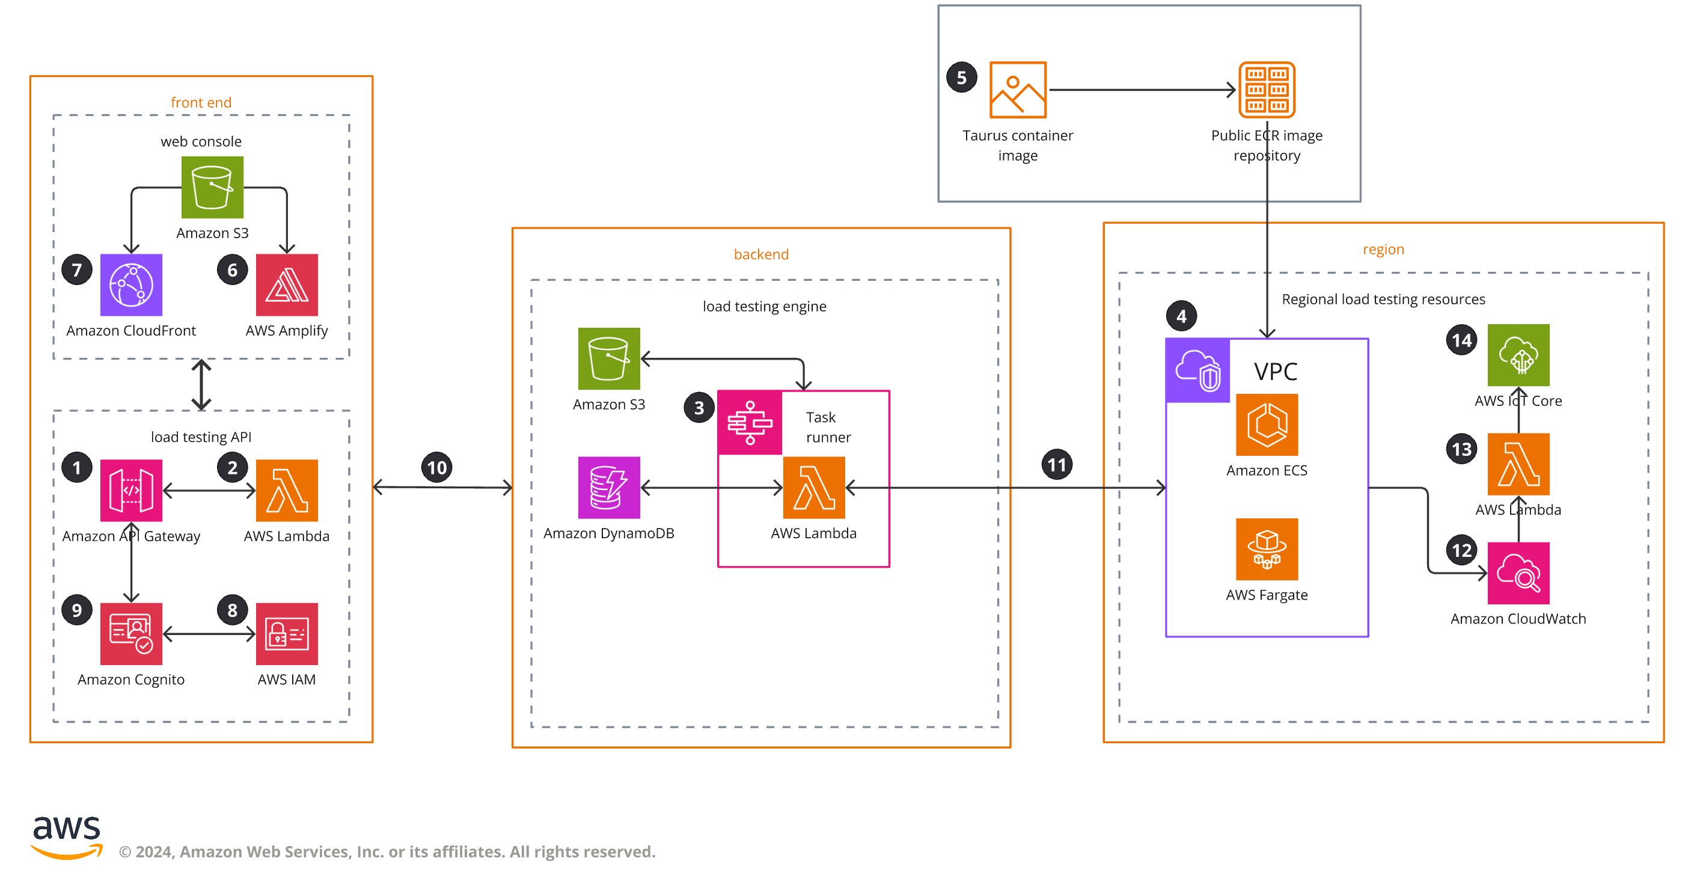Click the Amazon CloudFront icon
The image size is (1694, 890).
131,285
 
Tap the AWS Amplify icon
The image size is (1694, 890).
287,285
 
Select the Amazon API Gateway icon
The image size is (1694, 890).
131,490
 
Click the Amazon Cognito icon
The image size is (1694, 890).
131,633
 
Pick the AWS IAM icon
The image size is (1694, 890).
287,633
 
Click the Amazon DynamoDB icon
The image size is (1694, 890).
609,488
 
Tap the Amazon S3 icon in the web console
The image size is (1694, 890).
212,188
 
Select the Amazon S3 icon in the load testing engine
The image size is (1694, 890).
609,358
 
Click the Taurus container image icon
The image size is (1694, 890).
1017,90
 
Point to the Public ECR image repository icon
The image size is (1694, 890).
1267,90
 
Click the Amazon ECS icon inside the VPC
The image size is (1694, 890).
1267,425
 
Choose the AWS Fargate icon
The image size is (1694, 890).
1267,549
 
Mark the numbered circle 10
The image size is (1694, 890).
436,468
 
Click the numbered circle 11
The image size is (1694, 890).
1057,465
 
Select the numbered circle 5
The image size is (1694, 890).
961,78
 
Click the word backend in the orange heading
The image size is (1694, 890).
761,254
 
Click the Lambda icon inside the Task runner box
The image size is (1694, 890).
813,488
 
